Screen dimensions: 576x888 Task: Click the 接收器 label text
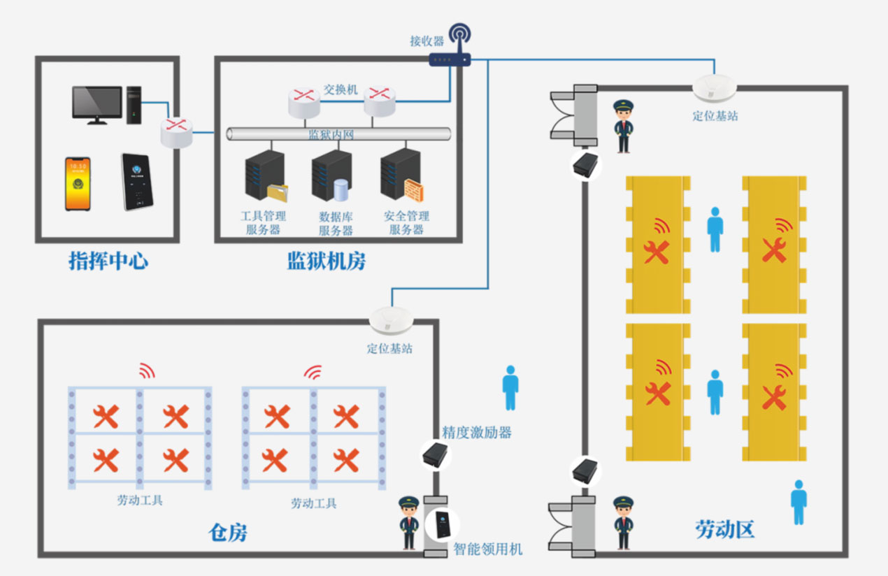point(427,41)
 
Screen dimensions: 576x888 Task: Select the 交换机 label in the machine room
point(341,90)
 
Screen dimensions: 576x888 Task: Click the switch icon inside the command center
point(176,133)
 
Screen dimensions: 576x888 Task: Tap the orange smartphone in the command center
point(78,183)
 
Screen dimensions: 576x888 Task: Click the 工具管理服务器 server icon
point(265,175)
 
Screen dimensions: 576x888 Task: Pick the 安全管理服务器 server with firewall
point(401,175)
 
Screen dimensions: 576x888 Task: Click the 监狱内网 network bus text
point(331,135)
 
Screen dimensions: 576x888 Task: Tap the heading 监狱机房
point(326,261)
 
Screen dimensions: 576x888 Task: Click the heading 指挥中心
point(108,261)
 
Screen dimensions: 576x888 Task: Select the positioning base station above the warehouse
point(391,320)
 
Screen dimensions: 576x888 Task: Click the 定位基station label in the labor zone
point(715,116)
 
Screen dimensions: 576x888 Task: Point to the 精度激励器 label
point(476,433)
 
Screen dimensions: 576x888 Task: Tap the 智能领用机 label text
point(487,549)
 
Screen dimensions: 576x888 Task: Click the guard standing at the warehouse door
point(408,523)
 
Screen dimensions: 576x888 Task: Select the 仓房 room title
point(228,533)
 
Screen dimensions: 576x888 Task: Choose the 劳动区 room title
point(725,528)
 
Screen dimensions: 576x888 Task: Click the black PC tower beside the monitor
point(134,104)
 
